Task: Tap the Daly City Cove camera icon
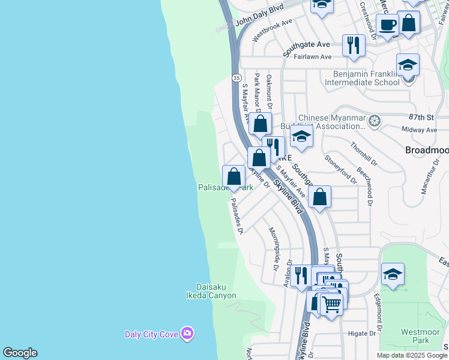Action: pyautogui.click(x=187, y=333)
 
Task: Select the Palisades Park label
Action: pyautogui.click(x=226, y=187)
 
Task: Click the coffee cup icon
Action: pyautogui.click(x=388, y=25)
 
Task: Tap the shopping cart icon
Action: pyautogui.click(x=331, y=304)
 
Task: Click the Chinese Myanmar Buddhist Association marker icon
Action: pyautogui.click(x=375, y=122)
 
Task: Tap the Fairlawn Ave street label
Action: pyautogui.click(x=313, y=57)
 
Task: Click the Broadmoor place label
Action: pyautogui.click(x=427, y=149)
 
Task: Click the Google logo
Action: pyautogui.click(x=20, y=353)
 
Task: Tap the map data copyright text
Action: pyautogui.click(x=412, y=355)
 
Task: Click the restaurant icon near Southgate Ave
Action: pyautogui.click(x=354, y=45)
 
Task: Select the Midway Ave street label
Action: pyautogui.click(x=419, y=130)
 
